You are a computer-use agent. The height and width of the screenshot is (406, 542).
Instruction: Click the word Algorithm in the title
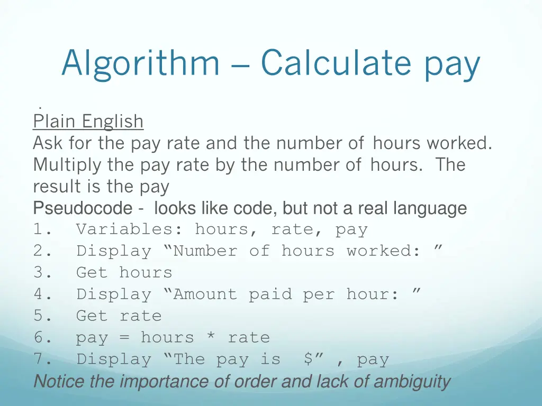coord(140,63)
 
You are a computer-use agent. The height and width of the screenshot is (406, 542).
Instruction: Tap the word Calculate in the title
coord(336,62)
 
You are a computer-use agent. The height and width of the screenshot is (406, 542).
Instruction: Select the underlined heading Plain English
coord(88,122)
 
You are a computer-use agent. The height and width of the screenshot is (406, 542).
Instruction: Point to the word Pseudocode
coord(83,208)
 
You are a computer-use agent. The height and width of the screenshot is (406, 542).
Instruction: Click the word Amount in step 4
coord(205,294)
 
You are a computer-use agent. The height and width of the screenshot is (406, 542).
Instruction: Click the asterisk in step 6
coord(211,337)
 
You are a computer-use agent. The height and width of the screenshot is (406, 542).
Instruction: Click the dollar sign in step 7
coord(308,359)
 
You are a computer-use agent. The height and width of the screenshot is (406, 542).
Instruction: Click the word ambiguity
coord(412,381)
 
